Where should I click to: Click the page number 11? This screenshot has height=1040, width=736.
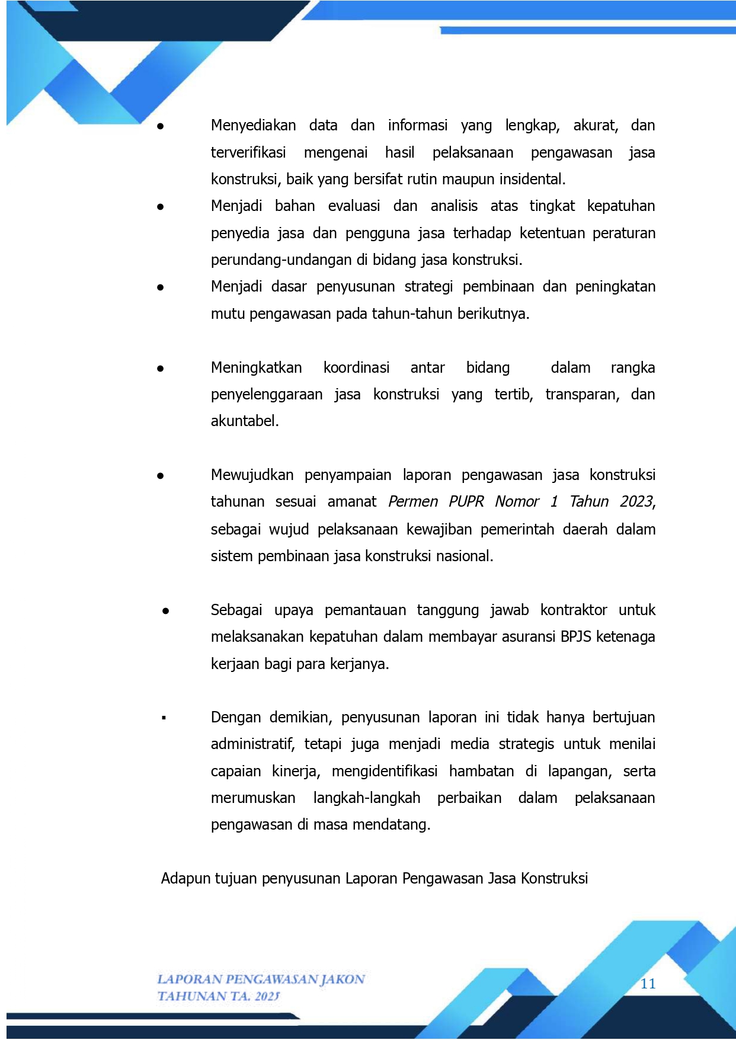(648, 984)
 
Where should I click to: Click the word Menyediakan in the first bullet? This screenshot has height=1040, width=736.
(253, 126)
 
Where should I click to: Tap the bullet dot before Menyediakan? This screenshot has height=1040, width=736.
(160, 126)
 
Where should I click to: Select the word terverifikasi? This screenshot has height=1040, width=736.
(248, 153)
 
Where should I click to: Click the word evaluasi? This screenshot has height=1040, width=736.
(354, 206)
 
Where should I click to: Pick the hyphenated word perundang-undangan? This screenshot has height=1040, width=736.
(281, 260)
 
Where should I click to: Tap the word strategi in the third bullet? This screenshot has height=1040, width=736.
(428, 287)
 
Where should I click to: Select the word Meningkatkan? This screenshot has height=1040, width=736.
(256, 368)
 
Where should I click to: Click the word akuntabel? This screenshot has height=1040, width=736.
(244, 421)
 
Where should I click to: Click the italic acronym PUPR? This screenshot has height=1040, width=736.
(466, 502)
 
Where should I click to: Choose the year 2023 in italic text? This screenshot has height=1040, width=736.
(636, 502)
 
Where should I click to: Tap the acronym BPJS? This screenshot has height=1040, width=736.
(575, 637)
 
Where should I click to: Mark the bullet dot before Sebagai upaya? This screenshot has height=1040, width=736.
(166, 611)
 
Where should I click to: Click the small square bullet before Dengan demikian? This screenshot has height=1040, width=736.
(164, 718)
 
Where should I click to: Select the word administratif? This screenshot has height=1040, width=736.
(252, 744)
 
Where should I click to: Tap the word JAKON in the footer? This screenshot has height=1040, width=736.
(343, 979)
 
